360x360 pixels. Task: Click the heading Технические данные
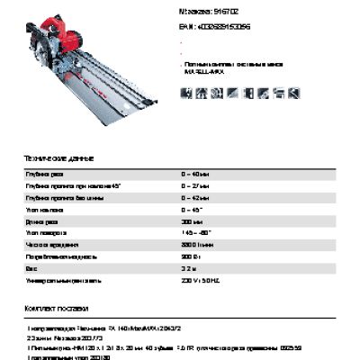[58, 158]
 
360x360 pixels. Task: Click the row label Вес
[31, 266]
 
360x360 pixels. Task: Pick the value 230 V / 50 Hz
[200, 278]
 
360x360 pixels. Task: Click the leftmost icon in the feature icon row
[187, 91]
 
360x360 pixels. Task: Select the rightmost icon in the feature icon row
[293, 91]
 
